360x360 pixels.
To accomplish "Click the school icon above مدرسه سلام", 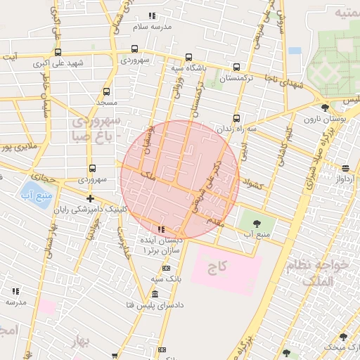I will tap(153, 15).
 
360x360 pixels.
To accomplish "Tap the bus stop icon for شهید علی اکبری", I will tap(58, 51).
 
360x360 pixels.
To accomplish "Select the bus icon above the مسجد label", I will tap(106, 91).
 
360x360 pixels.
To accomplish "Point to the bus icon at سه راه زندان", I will tap(236, 118).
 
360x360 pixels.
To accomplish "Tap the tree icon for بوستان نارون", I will tap(324, 108).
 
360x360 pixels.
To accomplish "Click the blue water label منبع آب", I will tap(32, 193).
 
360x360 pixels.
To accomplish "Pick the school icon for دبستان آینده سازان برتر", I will tap(162, 229).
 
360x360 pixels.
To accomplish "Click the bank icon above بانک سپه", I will tap(166, 268).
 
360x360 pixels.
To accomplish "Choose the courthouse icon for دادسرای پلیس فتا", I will tap(154, 294).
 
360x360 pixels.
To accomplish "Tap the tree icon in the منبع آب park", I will tap(255, 223).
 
